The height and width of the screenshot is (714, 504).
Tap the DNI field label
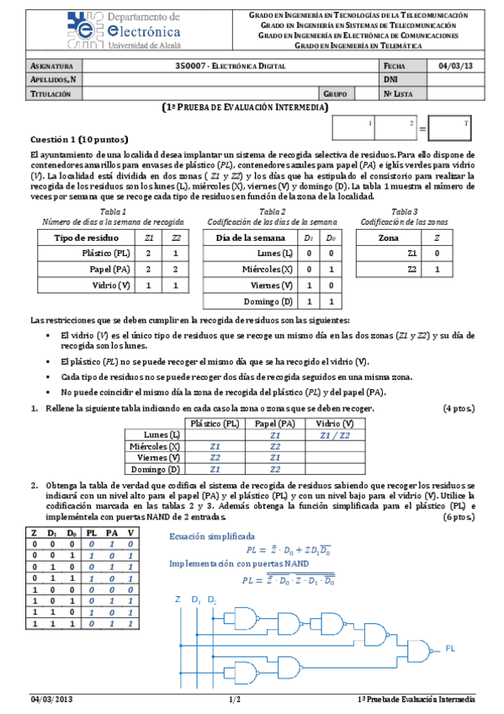pos(390,79)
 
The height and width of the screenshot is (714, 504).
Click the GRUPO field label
pos(335,94)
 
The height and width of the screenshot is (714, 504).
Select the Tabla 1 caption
pos(113,211)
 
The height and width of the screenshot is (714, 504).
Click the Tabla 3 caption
pos(403,211)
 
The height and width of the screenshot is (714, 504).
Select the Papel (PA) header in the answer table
pos(274,424)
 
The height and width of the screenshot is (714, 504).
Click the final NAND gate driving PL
pos(418,648)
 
